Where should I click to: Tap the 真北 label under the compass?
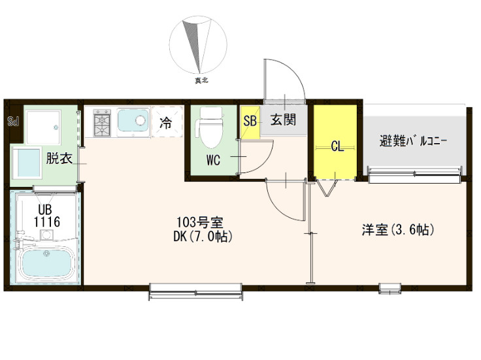click(x=201, y=80)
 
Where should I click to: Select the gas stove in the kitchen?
click(x=102, y=122)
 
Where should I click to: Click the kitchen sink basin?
click(x=133, y=120)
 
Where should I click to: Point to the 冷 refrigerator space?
click(x=165, y=123)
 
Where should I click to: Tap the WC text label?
click(x=213, y=160)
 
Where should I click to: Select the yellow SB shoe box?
click(x=250, y=121)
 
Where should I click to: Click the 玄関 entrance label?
click(x=283, y=120)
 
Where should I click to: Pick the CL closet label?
click(x=337, y=147)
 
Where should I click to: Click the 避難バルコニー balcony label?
click(x=412, y=141)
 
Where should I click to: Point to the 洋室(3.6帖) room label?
click(x=398, y=229)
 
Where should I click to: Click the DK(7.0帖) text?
click(x=203, y=236)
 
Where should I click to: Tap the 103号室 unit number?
click(x=200, y=222)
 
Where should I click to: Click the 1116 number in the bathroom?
click(x=47, y=221)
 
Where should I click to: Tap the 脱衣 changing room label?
click(x=59, y=158)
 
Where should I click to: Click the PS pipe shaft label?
click(x=14, y=121)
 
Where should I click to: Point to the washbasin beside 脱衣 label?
click(x=27, y=162)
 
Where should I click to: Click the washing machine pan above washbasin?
click(x=43, y=127)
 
